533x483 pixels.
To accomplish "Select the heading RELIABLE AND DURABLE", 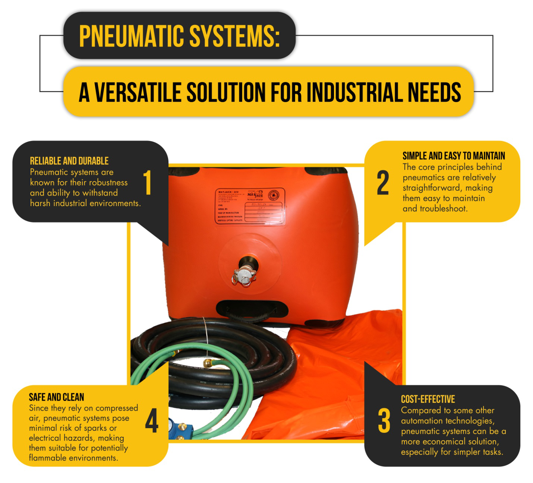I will [69, 161].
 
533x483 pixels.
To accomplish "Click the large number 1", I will [148, 182].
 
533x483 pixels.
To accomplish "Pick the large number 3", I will [384, 421].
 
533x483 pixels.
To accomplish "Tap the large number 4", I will [152, 421].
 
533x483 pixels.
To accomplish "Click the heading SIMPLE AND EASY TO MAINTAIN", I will [454, 156].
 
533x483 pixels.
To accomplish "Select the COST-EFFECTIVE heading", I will [428, 400].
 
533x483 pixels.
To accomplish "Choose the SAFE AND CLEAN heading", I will [57, 397].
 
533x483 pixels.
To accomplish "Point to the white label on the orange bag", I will [250, 206].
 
